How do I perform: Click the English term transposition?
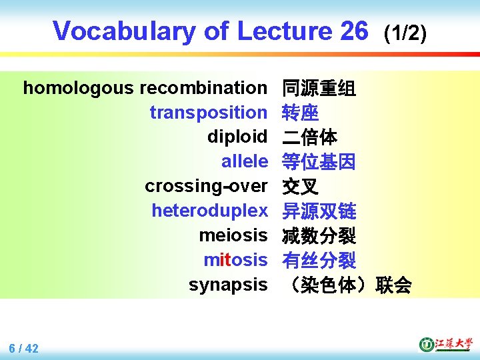pyautogui.click(x=208, y=113)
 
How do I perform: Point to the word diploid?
pyautogui.click(x=237, y=137)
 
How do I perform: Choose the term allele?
pyautogui.click(x=244, y=161)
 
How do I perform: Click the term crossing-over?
pyautogui.click(x=206, y=186)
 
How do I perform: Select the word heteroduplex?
pyautogui.click(x=209, y=211)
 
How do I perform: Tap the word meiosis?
pyautogui.click(x=233, y=235)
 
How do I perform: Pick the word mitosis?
pyautogui.click(x=235, y=260)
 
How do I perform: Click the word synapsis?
pyautogui.click(x=228, y=285)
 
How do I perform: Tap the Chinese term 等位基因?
pyautogui.click(x=319, y=162)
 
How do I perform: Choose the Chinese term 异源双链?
pyautogui.click(x=319, y=211)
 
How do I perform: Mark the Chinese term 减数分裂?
pyautogui.click(x=319, y=236)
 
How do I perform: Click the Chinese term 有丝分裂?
pyautogui.click(x=319, y=261)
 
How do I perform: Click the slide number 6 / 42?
pyautogui.click(x=24, y=348)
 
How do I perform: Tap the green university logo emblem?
pyautogui.click(x=426, y=344)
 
